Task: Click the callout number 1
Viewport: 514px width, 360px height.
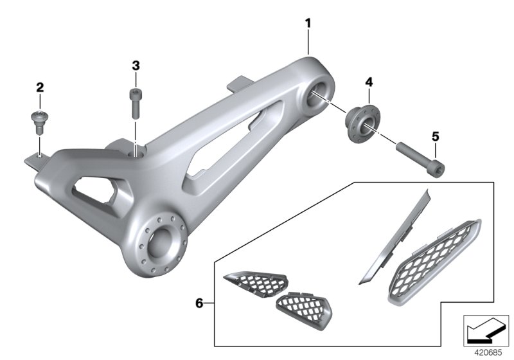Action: point(308,24)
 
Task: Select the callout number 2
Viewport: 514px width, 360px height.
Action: point(40,87)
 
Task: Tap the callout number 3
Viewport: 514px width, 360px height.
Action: point(136,66)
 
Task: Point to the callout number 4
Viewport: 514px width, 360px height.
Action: point(369,82)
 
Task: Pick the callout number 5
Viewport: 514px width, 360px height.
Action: point(436,136)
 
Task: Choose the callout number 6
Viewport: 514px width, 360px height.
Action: point(199,303)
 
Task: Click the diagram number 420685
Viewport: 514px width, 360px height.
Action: point(488,353)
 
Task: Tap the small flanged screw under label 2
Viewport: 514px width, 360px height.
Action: point(39,122)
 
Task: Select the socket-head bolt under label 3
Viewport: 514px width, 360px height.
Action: point(136,104)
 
